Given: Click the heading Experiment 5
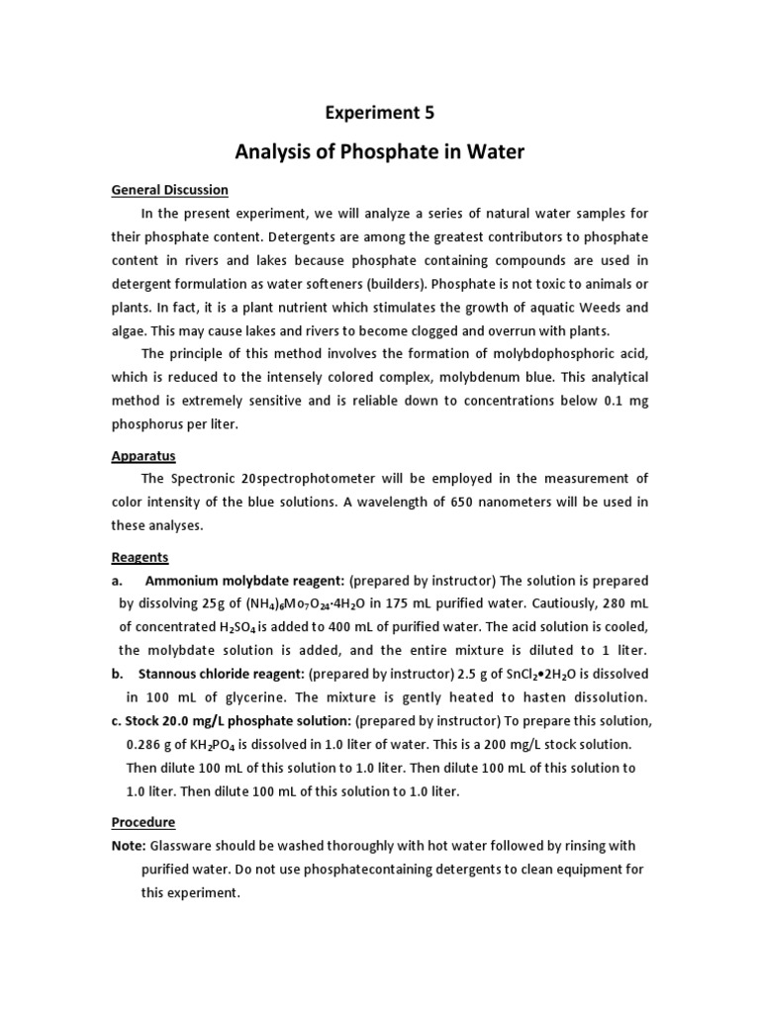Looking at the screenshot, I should (380, 113).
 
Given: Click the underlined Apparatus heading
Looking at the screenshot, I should (142, 456).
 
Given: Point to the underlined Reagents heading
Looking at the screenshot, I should (140, 557).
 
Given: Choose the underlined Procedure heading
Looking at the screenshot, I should (142, 822).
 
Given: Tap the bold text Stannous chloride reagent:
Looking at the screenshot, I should (221, 674).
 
